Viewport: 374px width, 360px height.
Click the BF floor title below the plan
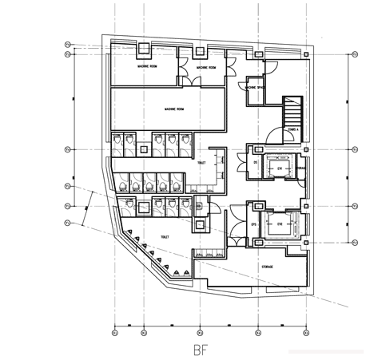pos(201,349)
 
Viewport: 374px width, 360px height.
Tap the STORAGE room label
pos(268,266)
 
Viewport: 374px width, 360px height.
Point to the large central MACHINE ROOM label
pos(174,108)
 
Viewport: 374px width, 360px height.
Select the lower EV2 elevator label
pos(280,224)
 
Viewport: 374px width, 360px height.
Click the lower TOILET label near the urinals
pos(165,237)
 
